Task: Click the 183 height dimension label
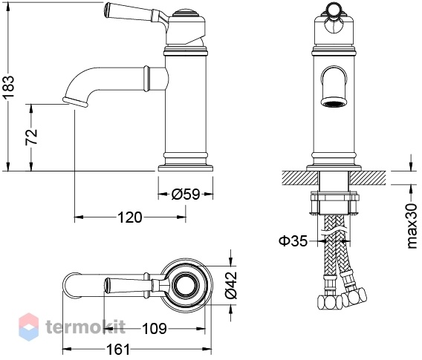coord(8,87)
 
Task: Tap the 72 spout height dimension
coord(31,137)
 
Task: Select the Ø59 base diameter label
coord(186,194)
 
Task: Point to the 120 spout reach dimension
coord(129,217)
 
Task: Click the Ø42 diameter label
coord(232,285)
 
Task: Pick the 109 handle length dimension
coord(155,329)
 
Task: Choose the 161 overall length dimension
coord(118,350)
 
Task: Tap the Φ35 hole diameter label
coord(293,241)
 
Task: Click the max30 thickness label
coord(412,226)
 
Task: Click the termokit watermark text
coord(85,327)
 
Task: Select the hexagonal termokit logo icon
coord(29,327)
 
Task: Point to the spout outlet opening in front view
coord(334,103)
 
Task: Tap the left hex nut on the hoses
coord(329,303)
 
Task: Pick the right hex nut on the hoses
coord(354,297)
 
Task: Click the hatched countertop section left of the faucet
coord(300,177)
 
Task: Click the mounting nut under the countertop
coord(335,203)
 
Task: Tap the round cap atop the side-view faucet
coord(184,13)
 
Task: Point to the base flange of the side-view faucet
coord(186,168)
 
